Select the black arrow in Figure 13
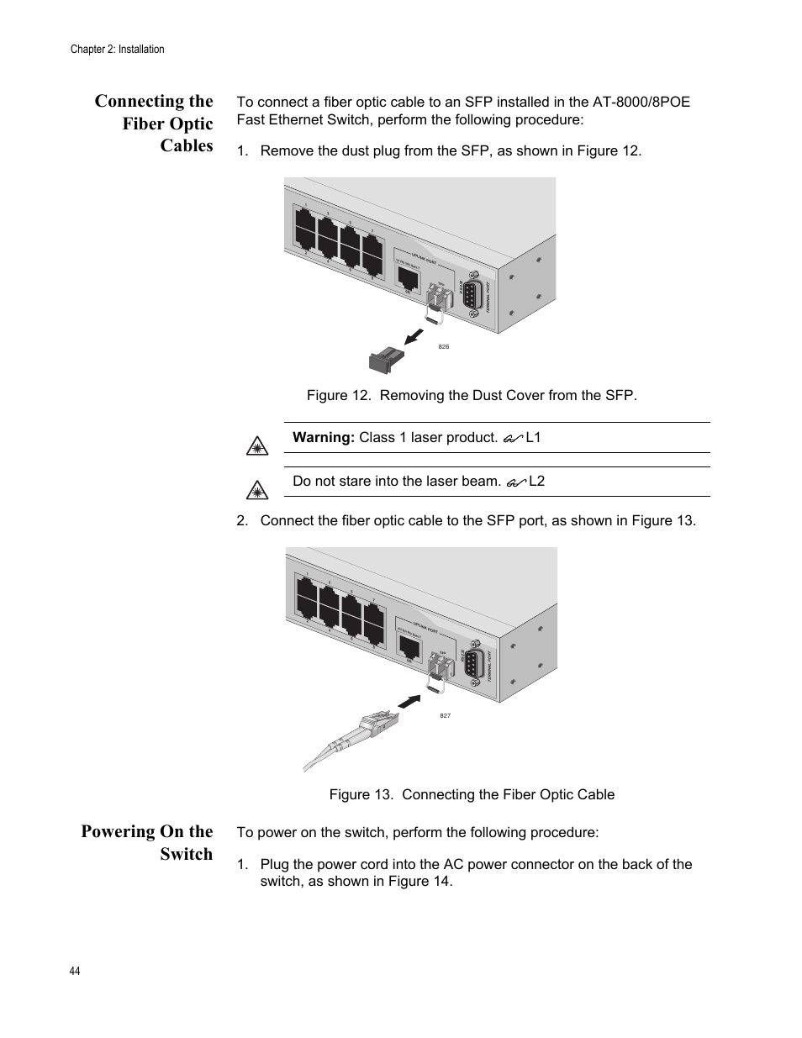[408, 701]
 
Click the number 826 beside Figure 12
[444, 347]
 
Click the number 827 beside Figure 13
[446, 715]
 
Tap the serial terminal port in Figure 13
[472, 665]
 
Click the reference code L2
[536, 482]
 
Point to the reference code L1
[533, 437]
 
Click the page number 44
[75, 971]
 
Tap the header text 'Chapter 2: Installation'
[117, 50]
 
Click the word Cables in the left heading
[187, 145]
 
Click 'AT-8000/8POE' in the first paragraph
[641, 102]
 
